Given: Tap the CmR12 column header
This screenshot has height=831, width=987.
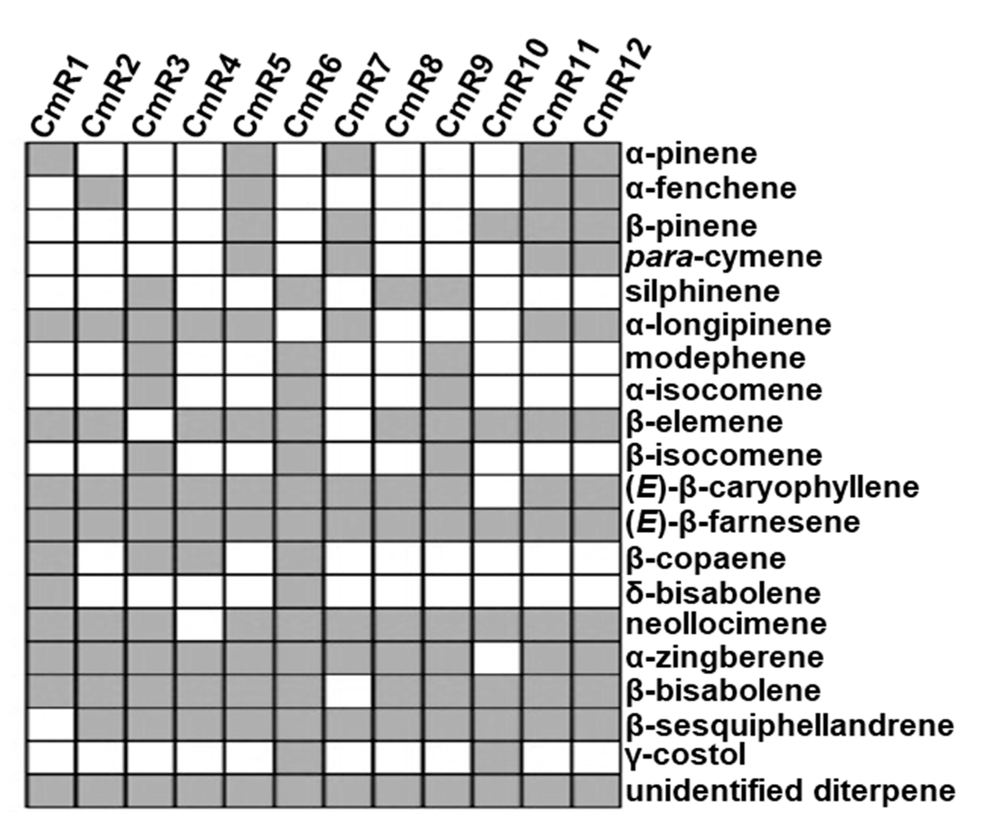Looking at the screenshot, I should pyautogui.click(x=617, y=89).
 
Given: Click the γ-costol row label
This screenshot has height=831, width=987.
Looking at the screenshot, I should pyautogui.click(x=685, y=755).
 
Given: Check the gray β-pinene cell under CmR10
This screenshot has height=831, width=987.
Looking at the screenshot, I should pyautogui.click(x=497, y=226).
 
